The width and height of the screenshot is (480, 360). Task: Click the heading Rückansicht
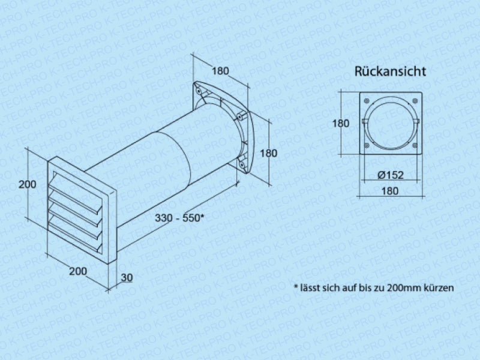[x=390, y=71]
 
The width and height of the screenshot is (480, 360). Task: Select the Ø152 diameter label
[x=391, y=175]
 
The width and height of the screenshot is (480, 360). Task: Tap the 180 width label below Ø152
[x=389, y=191]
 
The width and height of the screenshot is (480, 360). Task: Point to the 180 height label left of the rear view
[x=341, y=124]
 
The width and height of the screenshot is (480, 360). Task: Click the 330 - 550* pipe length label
[x=179, y=218]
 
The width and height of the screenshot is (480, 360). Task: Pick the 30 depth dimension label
[x=127, y=277]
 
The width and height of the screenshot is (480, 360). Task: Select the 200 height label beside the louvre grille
[x=27, y=184]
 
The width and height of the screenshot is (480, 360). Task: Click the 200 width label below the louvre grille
[x=78, y=271]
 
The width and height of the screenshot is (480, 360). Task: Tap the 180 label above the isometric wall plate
[x=220, y=71]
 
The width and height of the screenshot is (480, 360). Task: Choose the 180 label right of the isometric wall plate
[x=268, y=153]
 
